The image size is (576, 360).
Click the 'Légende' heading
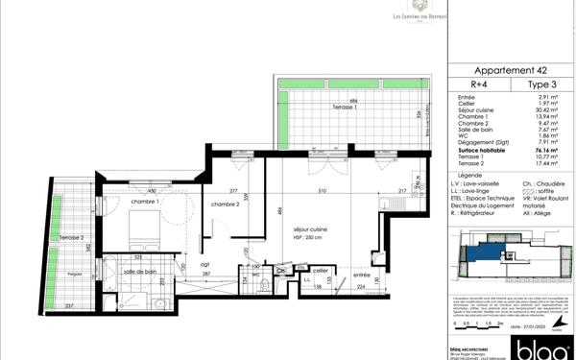[470, 177]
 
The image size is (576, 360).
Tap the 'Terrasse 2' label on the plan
[70, 237]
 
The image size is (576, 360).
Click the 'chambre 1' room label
[144, 202]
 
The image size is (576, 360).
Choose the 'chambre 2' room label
[224, 204]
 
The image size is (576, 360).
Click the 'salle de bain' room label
[140, 272]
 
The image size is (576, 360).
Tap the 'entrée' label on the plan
[360, 249]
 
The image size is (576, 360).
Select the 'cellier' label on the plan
[319, 270]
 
